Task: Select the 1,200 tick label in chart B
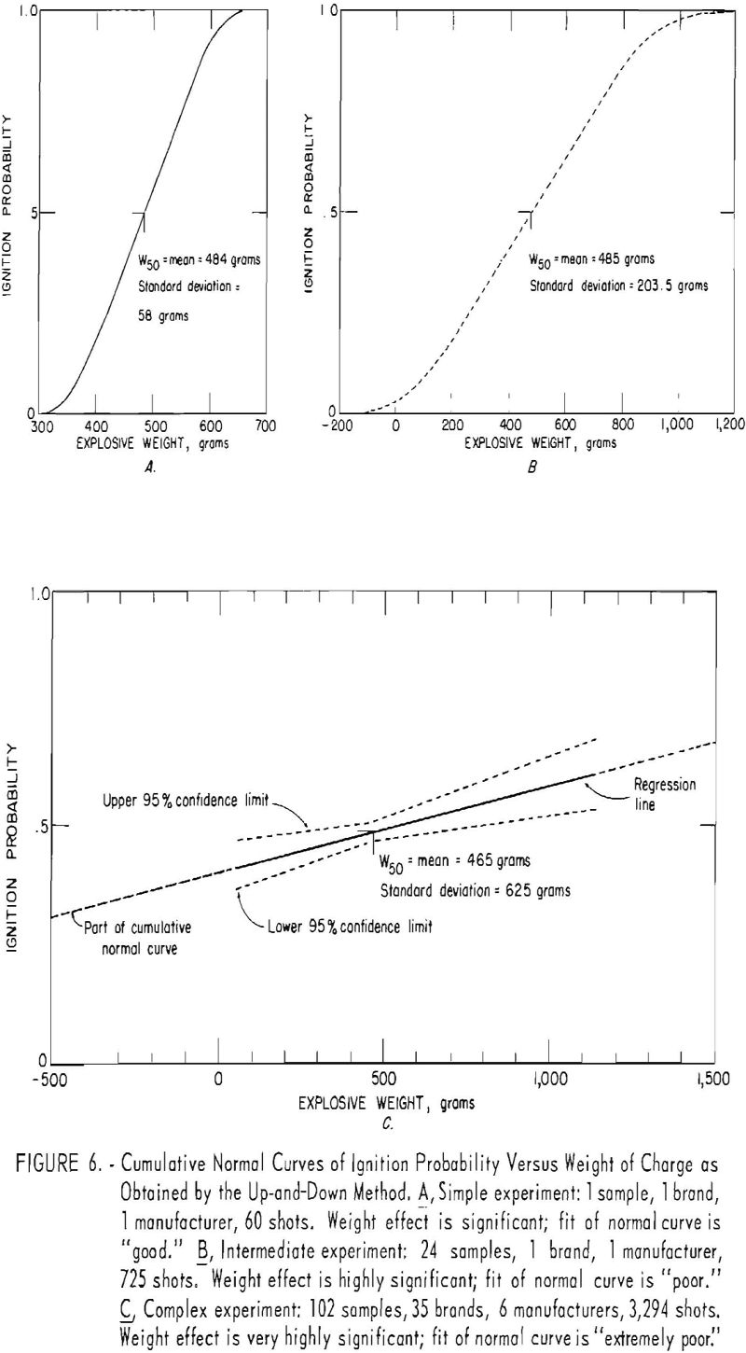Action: (x=720, y=428)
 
